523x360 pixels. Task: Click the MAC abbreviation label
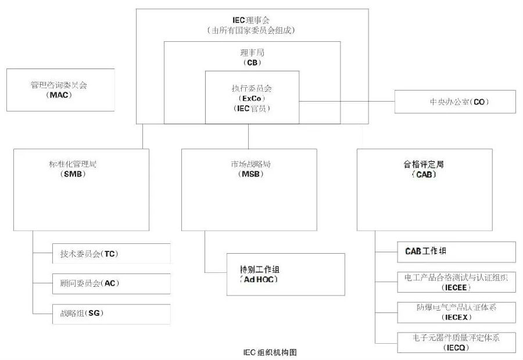pos(59,95)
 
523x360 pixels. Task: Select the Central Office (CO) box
pos(455,102)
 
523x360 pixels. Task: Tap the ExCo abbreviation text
pos(252,99)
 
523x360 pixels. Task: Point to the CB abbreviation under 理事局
pos(252,62)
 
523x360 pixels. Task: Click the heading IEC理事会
pos(252,20)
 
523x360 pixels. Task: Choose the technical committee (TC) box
pos(111,254)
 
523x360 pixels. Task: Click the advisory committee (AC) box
pos(111,283)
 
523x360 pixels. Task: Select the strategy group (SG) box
pos(111,314)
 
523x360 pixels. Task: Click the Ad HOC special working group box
pos(285,274)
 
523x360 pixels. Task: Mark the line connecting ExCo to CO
pos(347,102)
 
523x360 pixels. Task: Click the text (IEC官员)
pos(252,109)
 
